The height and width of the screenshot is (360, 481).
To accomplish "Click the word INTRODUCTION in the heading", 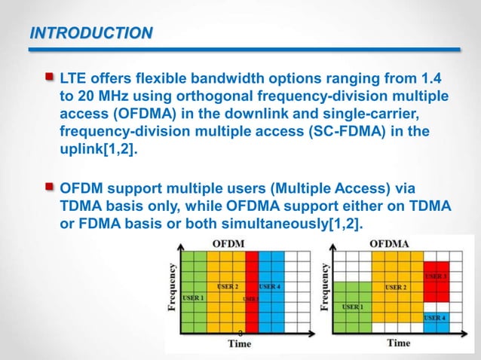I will click(x=90, y=32).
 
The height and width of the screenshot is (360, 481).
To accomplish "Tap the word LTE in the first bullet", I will click(x=75, y=78).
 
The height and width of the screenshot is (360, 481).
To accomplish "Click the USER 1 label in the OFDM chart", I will click(x=193, y=297).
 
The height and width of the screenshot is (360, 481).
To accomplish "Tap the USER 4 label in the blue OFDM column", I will click(x=271, y=287).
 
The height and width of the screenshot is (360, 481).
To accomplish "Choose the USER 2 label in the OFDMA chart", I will click(x=397, y=287).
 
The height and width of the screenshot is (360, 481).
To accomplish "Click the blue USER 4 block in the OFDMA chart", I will click(x=437, y=318).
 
